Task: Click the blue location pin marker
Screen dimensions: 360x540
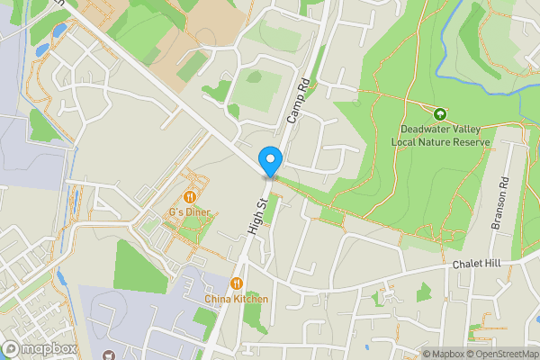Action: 270,161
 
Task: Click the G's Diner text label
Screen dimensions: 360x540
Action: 189,212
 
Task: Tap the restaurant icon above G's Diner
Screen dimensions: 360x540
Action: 189,196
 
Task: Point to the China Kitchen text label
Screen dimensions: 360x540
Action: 236,298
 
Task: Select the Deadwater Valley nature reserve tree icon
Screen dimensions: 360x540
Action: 440,114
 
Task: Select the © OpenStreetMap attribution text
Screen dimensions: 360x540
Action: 503,355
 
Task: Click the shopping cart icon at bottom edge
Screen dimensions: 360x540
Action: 109,356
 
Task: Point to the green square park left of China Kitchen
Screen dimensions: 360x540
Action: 140,266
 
